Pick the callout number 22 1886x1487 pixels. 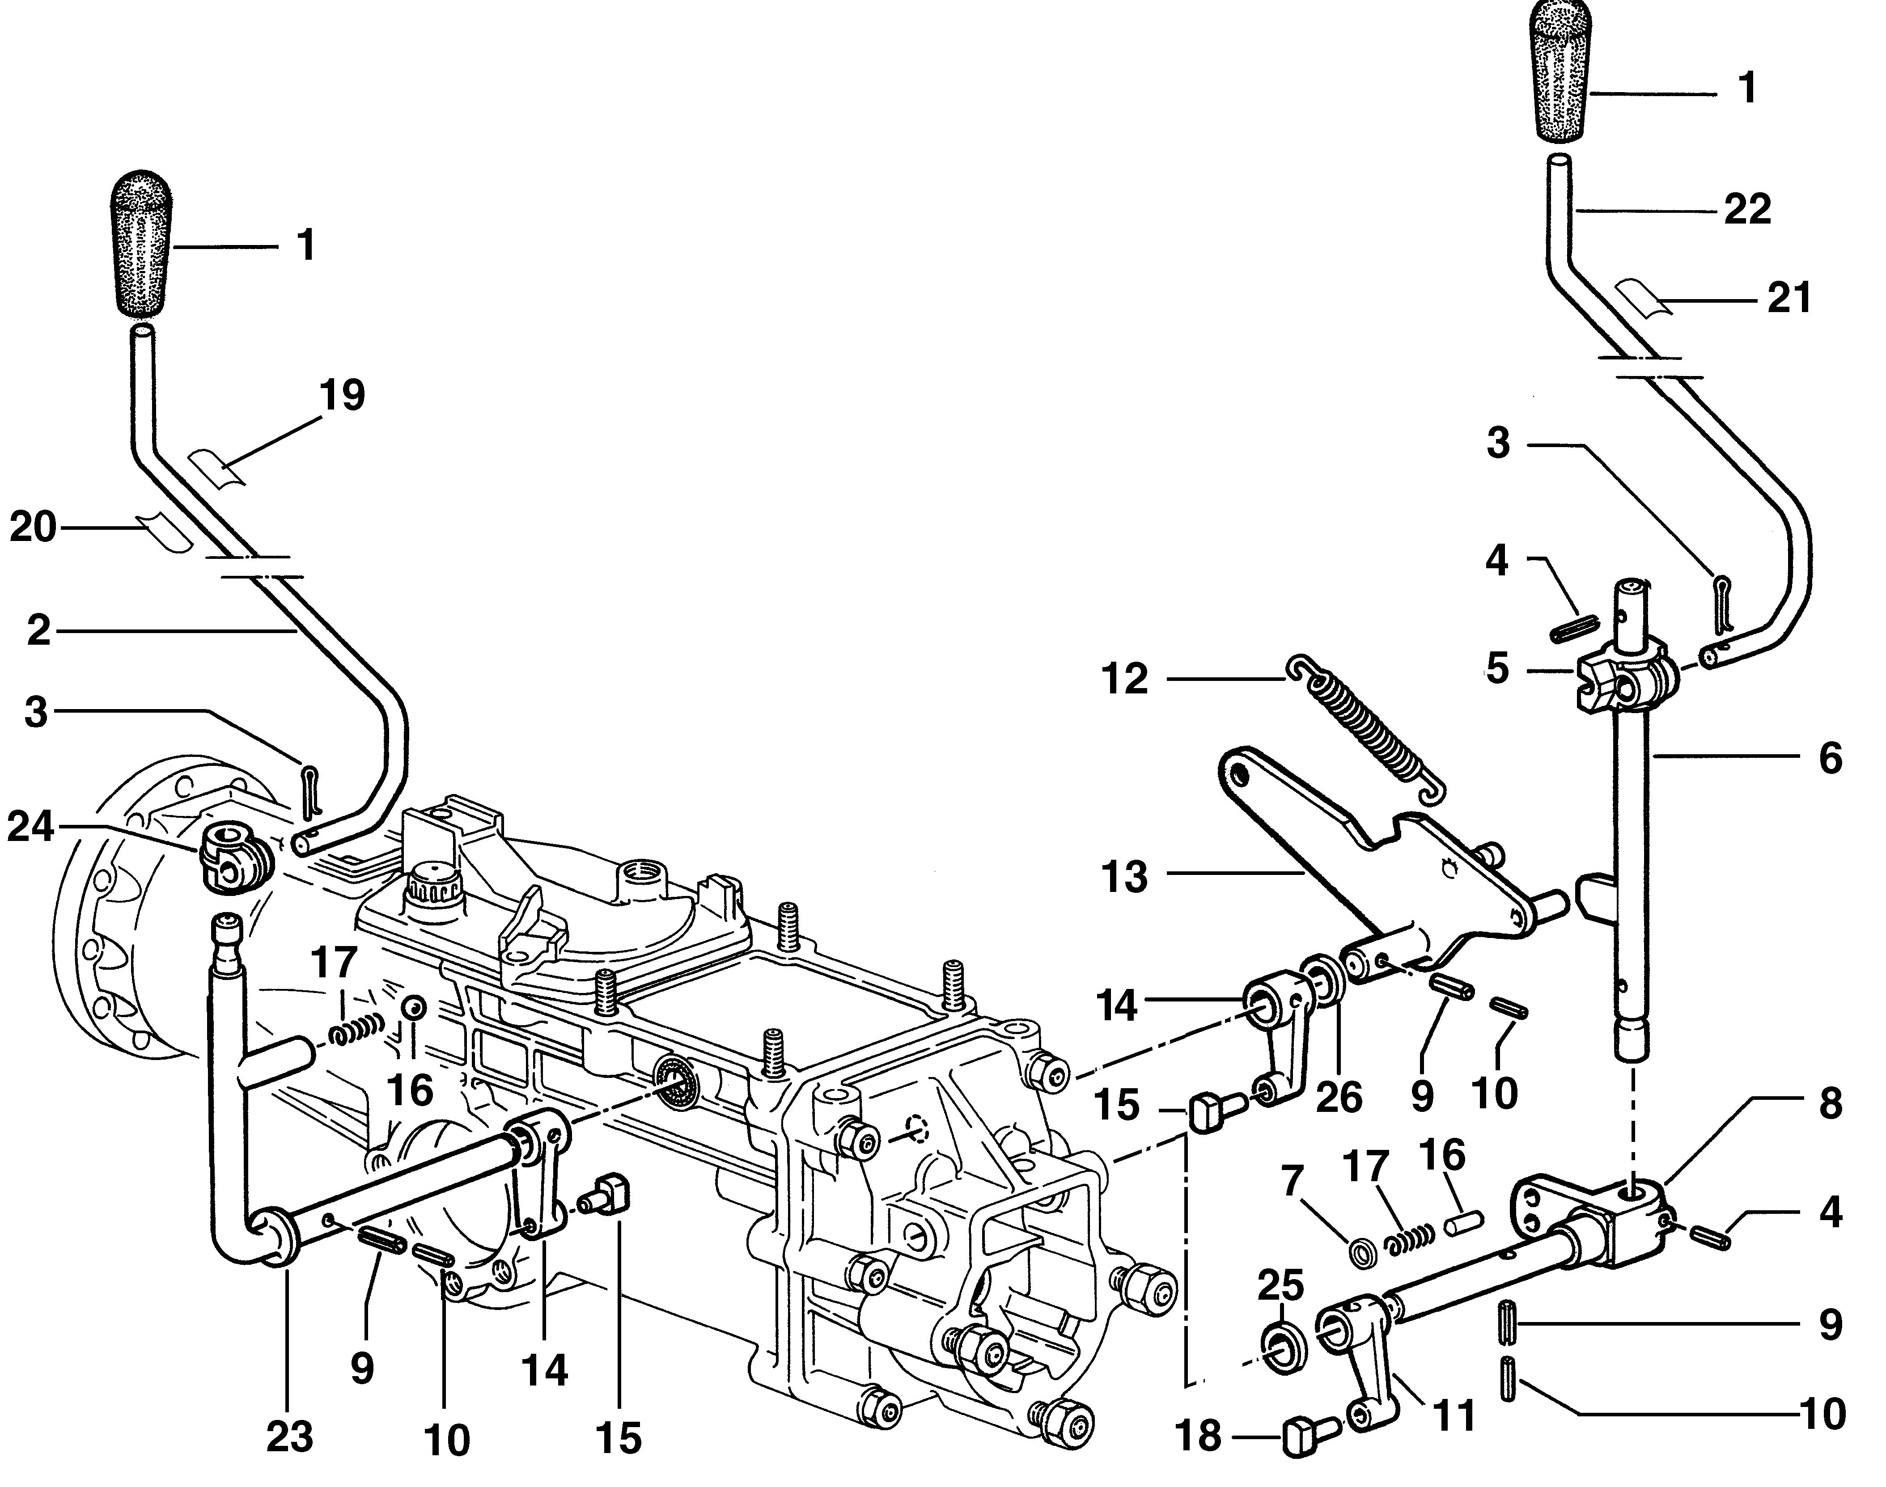(x=1747, y=209)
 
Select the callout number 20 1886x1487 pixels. (x=33, y=528)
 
